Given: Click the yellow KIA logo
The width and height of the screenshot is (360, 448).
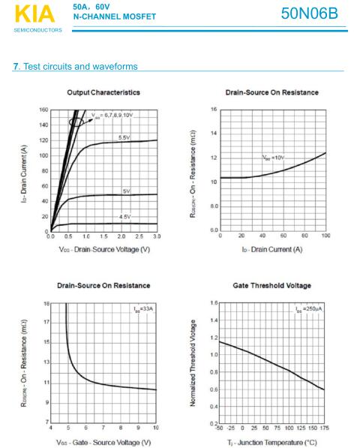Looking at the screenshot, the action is click(x=34, y=14).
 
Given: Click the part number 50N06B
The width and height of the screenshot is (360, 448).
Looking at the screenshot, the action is click(x=310, y=14).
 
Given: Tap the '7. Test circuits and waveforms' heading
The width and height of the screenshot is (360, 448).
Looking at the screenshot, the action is click(x=75, y=66).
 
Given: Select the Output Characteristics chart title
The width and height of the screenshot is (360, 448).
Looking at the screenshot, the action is click(x=103, y=92).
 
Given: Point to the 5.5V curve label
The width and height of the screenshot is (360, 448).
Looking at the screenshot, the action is click(x=124, y=138).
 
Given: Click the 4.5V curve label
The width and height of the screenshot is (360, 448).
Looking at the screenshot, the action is click(x=124, y=217).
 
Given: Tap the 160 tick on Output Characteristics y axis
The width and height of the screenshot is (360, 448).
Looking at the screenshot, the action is click(x=43, y=110).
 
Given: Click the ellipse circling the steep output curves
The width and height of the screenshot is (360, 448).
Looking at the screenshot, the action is click(x=76, y=122).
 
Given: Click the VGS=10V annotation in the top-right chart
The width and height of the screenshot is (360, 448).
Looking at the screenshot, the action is click(x=273, y=158).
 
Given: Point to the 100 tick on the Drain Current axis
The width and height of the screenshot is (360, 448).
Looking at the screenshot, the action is click(x=325, y=236).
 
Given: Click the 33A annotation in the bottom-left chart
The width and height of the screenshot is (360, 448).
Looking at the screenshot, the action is click(x=143, y=309).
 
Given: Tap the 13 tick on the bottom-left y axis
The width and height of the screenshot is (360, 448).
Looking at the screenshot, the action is click(x=46, y=362).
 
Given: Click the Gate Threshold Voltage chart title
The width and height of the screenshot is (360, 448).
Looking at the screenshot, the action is click(x=271, y=285).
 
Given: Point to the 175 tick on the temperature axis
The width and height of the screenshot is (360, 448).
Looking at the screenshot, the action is click(x=324, y=428).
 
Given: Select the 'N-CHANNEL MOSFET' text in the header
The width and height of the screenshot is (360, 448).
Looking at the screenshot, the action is click(x=115, y=17).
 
